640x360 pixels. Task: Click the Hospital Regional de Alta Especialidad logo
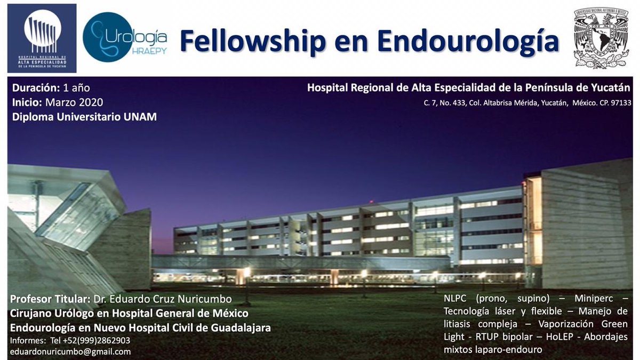[42, 38]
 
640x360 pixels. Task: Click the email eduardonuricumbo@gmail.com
[70, 351]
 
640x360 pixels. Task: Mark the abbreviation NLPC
[455, 298]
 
